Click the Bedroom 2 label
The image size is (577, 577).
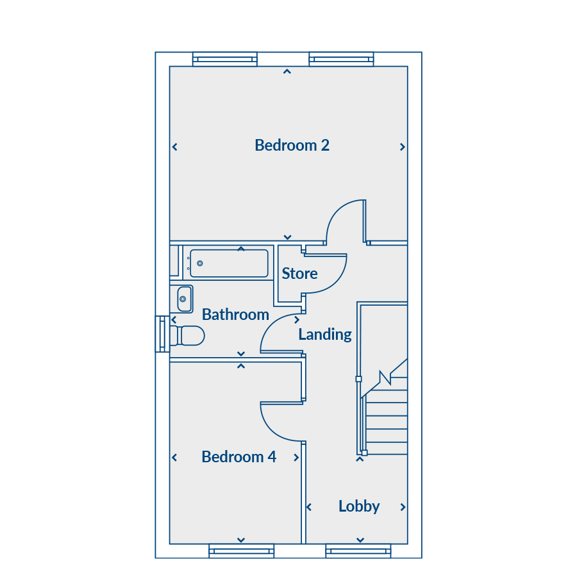tap(292, 146)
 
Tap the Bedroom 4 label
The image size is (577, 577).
tap(239, 457)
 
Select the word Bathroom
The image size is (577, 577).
tap(235, 315)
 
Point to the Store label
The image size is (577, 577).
tap(299, 273)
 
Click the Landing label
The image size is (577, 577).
tap(325, 335)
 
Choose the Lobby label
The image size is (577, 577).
tap(359, 506)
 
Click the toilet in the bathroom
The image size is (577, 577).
tap(187, 335)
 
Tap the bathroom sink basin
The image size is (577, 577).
tap(185, 299)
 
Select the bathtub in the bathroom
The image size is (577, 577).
tap(229, 263)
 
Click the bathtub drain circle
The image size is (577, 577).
tap(200, 263)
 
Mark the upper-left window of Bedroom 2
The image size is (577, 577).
tap(225, 59)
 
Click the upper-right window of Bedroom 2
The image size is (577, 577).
tap(341, 59)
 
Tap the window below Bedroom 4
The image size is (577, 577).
tap(242, 551)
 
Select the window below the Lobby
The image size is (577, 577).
tap(358, 551)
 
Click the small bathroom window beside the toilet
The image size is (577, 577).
tap(162, 334)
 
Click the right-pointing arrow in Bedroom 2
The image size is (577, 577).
tap(403, 147)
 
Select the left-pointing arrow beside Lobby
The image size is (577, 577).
tap(309, 507)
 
